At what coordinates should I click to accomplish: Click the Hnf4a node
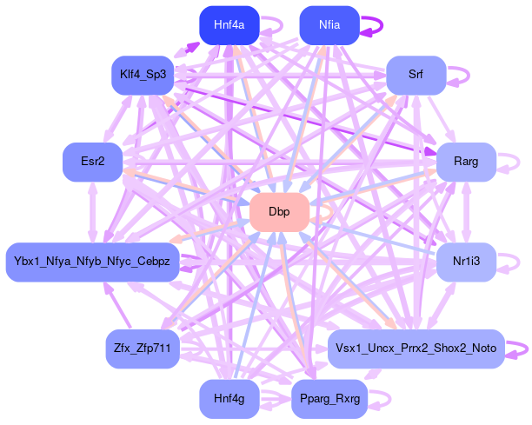coord(229,25)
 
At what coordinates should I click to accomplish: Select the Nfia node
coord(329,25)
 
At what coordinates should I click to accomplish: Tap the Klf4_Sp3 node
coord(143,75)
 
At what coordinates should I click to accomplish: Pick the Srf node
coord(416,75)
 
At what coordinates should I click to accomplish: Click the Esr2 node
coord(91,163)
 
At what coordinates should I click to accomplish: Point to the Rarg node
coord(465,163)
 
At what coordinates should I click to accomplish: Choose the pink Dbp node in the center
coord(279,212)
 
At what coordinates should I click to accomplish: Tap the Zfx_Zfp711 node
coord(142,349)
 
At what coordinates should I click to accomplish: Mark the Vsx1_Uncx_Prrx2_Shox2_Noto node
coord(416,349)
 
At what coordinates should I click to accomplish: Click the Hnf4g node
coord(229,398)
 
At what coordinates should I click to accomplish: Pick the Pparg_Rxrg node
coord(329,398)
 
